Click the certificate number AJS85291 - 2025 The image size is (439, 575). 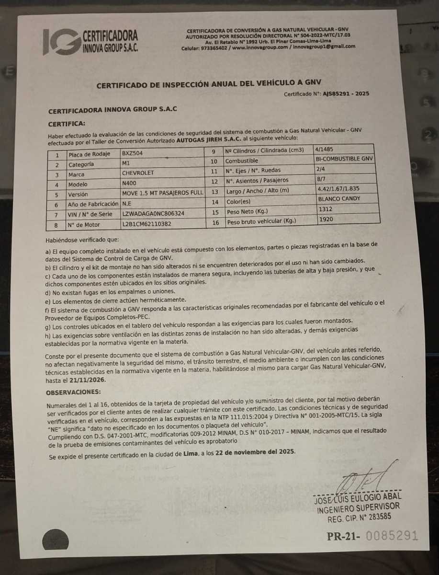(346, 94)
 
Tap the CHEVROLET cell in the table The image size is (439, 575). (138, 173)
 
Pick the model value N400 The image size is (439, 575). (130, 184)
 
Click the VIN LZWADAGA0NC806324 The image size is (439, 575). (154, 214)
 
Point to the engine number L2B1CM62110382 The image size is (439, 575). (147, 224)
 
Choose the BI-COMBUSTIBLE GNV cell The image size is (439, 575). (344, 159)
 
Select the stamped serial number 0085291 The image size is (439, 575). (392, 536)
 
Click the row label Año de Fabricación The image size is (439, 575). (93, 204)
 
